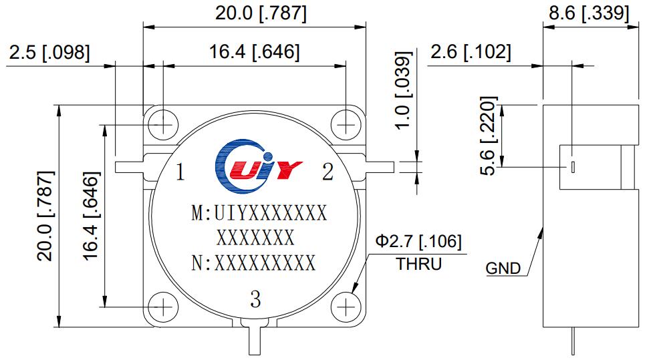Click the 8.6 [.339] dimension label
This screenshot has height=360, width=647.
pyautogui.click(x=588, y=12)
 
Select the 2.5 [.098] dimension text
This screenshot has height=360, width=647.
pyautogui.click(x=49, y=52)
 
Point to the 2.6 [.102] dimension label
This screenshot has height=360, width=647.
pyautogui.click(x=471, y=52)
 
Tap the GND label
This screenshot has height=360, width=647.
pyautogui.click(x=503, y=269)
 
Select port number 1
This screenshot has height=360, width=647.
pyautogui.click(x=180, y=173)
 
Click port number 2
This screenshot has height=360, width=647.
pyautogui.click(x=328, y=173)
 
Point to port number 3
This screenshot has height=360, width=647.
pyautogui.click(x=255, y=300)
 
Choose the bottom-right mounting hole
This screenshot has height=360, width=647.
pyautogui.click(x=346, y=307)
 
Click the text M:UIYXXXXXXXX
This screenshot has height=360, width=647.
pyautogui.click(x=259, y=214)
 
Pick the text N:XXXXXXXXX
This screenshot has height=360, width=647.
pyautogui.click(x=253, y=263)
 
